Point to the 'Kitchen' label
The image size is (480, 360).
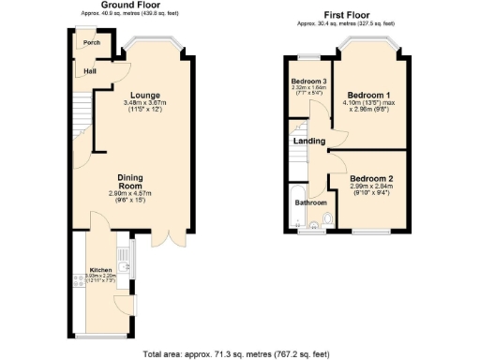point(100,269)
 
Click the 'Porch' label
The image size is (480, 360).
point(91,43)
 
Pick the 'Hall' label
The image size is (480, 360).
point(89,70)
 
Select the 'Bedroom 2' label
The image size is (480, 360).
point(370,178)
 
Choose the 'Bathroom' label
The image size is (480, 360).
point(311,202)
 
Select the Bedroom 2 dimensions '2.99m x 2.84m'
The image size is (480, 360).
point(370,187)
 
